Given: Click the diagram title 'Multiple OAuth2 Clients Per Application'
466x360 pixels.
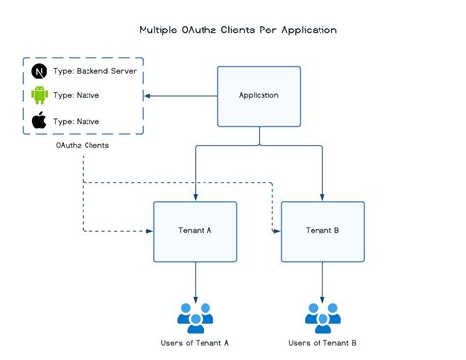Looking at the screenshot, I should [238, 30].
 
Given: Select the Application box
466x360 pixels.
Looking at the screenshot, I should [260, 96].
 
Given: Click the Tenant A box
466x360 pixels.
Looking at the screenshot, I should [195, 231].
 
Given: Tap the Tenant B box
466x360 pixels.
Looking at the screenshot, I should [322, 231].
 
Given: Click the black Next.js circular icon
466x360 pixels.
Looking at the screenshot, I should [39, 73].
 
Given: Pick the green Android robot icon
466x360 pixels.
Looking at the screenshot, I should [39, 96].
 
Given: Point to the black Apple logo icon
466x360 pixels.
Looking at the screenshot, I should [39, 121].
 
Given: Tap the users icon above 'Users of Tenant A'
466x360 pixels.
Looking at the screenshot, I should [195, 315].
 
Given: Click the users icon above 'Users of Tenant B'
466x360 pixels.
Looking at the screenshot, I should [322, 315].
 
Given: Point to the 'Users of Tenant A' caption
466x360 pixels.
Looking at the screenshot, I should [195, 342].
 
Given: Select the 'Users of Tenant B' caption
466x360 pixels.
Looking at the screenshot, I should [322, 342].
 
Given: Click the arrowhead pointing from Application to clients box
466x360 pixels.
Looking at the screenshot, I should [147, 96].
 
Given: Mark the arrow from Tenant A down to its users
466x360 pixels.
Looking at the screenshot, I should [195, 280].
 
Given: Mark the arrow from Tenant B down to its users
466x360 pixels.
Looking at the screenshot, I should [322, 280].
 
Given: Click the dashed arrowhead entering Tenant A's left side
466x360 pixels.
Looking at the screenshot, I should [149, 231].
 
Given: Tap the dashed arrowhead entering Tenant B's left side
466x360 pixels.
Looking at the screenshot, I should [277, 231].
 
